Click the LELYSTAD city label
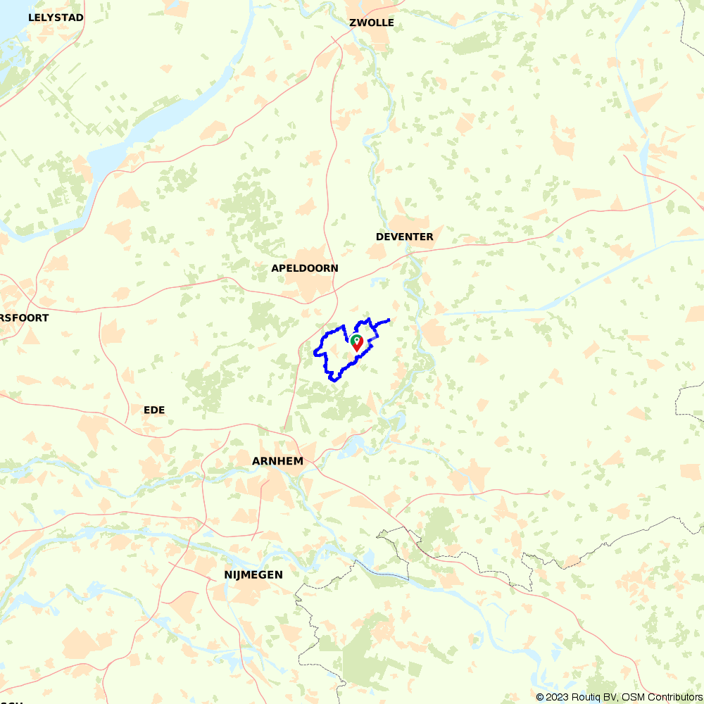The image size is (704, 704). (x=56, y=17)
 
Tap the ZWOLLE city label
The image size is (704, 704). (x=371, y=23)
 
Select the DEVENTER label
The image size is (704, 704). (x=404, y=237)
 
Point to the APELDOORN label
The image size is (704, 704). (x=304, y=268)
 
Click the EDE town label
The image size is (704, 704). (x=153, y=410)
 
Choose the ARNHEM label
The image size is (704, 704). (x=277, y=461)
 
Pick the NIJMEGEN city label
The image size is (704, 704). (x=253, y=574)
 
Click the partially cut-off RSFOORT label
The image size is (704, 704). (x=25, y=318)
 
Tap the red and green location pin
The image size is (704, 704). (x=357, y=344)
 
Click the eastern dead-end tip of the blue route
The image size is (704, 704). (x=389, y=320)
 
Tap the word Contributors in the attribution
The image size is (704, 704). (x=671, y=697)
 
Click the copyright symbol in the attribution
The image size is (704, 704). (x=540, y=697)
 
